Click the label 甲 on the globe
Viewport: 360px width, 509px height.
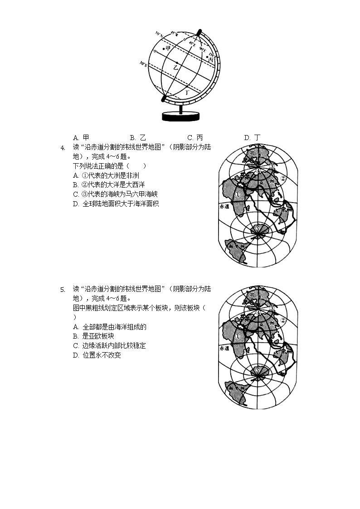[x=168, y=48]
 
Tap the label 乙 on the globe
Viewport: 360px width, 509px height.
[x=176, y=67]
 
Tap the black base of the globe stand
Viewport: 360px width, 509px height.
[x=181, y=116]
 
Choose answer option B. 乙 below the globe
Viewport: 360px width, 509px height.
[x=137, y=137]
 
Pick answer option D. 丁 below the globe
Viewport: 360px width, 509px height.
[x=252, y=137]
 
